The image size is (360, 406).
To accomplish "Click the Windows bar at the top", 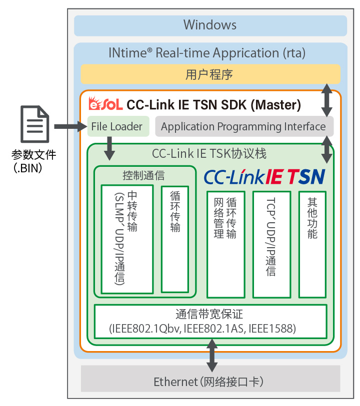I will pos(210,25).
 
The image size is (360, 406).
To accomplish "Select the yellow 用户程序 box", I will pos(210,74).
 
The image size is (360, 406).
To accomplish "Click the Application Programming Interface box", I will pos(243,126).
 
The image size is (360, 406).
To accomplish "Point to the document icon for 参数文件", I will pos(34,123).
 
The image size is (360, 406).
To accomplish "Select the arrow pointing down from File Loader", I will pos(108,148).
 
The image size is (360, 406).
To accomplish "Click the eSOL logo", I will pos(105,104).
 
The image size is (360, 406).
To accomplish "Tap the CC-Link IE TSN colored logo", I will pos(264,177).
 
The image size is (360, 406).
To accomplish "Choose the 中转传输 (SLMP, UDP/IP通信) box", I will pos(127,239).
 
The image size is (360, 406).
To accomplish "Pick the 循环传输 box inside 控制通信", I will pos(174,239).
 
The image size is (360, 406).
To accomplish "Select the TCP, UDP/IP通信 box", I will pos(271,244).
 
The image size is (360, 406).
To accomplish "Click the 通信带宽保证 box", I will pos(210,321).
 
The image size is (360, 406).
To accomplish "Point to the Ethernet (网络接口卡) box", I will pos(210,382).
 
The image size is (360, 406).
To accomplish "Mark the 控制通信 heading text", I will pos(143,175).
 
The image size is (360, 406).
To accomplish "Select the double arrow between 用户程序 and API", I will pos(326,100).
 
